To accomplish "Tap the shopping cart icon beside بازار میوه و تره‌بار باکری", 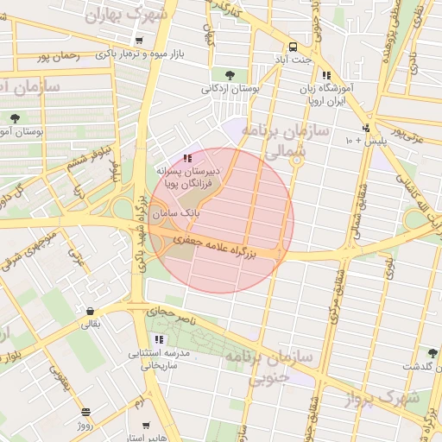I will tap(139, 41).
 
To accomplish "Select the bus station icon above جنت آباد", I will tap(294, 47).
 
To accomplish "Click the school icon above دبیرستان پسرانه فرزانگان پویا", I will tap(188, 158).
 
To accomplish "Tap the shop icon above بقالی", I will tap(90, 311).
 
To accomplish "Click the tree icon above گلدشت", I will tap(432, 353).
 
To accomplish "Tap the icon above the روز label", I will tap(85, 413).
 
